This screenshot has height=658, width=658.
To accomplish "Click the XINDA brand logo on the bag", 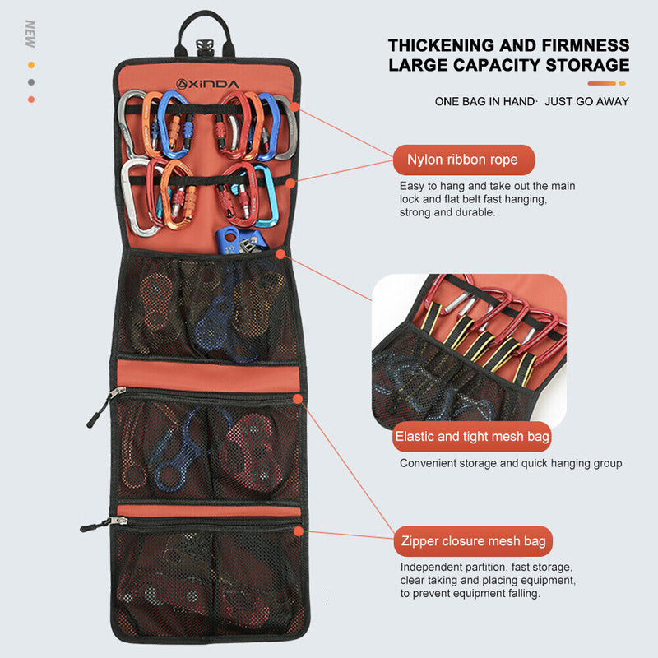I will tap(206, 83).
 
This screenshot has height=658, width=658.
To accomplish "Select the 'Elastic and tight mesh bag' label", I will tap(471, 437).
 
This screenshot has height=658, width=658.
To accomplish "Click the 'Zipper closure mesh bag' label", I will tap(472, 541).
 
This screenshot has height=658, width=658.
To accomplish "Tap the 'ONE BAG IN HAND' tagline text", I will tap(485, 101).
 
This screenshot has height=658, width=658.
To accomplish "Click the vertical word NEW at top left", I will tap(30, 34).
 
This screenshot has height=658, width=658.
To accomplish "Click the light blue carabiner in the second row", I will tap(265, 194).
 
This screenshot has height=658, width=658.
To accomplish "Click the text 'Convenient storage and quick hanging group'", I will tap(511, 463).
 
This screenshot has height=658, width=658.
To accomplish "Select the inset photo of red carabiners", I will tap(470, 350).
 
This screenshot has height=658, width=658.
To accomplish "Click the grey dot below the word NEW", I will tap(31, 81).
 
